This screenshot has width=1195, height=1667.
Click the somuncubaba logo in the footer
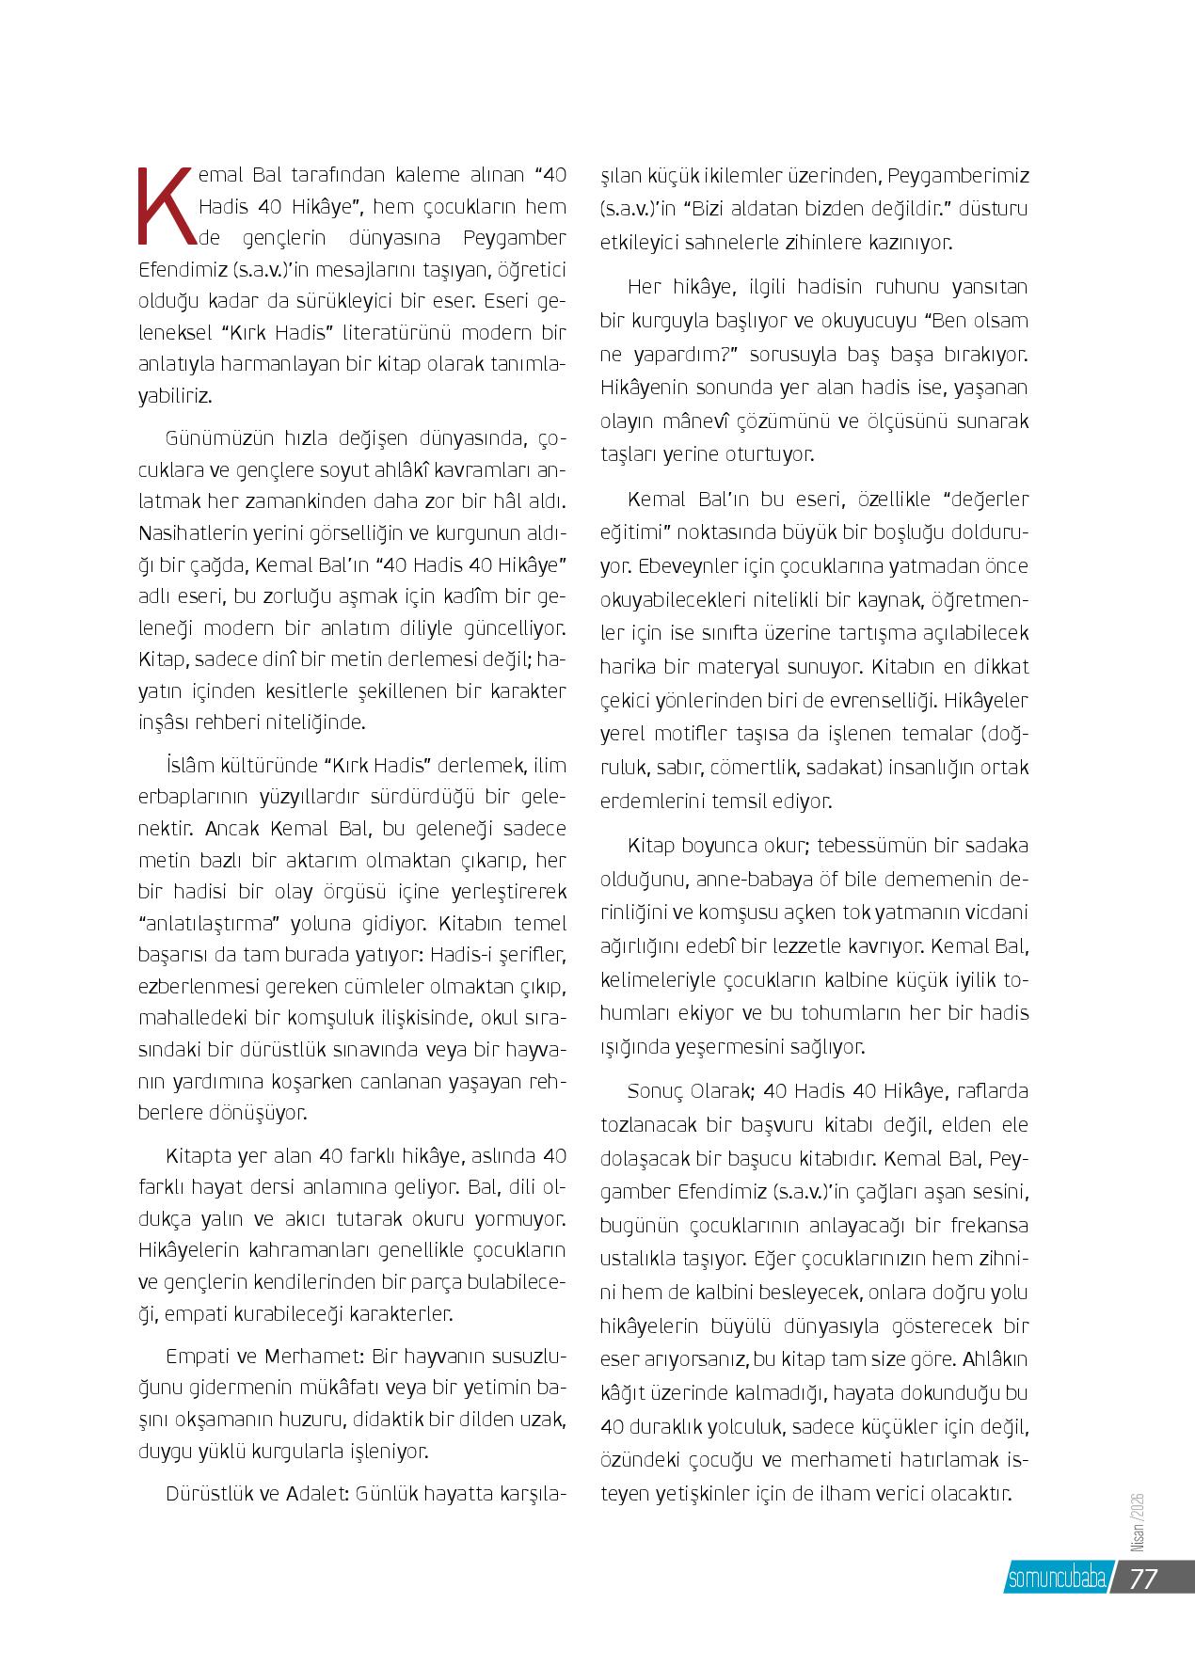click(1054, 1579)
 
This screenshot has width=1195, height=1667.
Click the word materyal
click(744, 667)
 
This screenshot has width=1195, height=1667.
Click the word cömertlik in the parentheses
click(748, 767)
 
